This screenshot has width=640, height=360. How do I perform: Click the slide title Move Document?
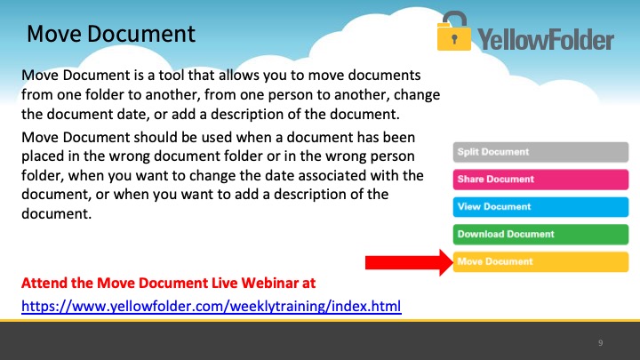[111, 34]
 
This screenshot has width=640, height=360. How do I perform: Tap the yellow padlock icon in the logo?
[454, 31]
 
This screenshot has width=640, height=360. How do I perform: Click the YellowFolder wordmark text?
[546, 40]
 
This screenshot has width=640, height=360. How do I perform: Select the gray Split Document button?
[540, 152]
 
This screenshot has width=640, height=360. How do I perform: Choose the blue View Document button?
[540, 207]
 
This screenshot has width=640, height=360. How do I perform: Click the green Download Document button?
[540, 235]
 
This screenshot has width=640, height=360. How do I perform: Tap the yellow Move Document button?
[540, 261]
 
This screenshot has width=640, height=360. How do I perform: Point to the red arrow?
[409, 262]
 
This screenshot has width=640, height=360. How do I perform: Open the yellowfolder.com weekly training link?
[212, 306]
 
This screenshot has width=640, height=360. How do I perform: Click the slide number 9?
[600, 343]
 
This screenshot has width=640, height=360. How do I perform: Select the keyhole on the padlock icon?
[454, 40]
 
